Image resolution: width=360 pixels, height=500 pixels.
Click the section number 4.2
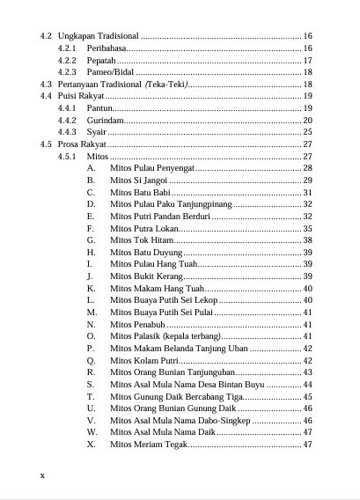[x=47, y=35]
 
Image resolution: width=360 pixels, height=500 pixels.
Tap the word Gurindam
[x=106, y=120]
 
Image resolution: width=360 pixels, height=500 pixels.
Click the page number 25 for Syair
[x=308, y=131]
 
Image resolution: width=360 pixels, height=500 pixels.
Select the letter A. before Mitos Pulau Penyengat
[x=92, y=167]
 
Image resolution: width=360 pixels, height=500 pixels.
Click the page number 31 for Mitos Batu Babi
[x=308, y=192]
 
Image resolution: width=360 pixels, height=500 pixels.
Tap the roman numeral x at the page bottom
[x=43, y=474]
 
